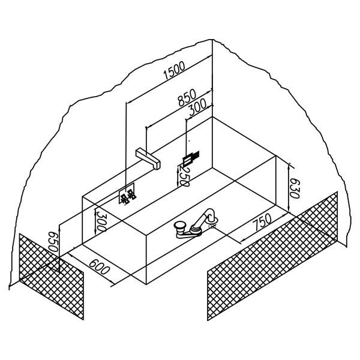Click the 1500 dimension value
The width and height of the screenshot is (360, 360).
pyautogui.click(x=174, y=70)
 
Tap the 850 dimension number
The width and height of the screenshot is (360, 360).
pyautogui.click(x=187, y=97)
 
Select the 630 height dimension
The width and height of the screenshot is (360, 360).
pyautogui.click(x=295, y=188)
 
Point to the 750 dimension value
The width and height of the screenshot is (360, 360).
pyautogui.click(x=262, y=222)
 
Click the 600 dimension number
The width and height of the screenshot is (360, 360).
pyautogui.click(x=99, y=267)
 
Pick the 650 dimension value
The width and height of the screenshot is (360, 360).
pyautogui.click(x=53, y=242)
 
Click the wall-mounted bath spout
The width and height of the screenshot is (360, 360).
pyautogui.click(x=148, y=158)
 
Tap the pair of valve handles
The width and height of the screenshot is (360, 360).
pyautogui.click(x=128, y=196)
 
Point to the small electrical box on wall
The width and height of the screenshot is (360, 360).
pyautogui.click(x=191, y=158)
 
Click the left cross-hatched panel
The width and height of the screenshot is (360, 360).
pyautogui.click(x=52, y=277)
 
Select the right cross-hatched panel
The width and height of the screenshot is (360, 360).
pyautogui.click(x=272, y=256)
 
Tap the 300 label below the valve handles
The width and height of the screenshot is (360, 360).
pyautogui.click(x=100, y=221)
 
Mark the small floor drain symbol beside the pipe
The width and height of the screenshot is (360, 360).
pyautogui.click(x=212, y=227)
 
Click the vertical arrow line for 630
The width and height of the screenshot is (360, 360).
pyautogui.click(x=289, y=188)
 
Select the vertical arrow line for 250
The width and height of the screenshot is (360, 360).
pyautogui.click(x=178, y=176)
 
